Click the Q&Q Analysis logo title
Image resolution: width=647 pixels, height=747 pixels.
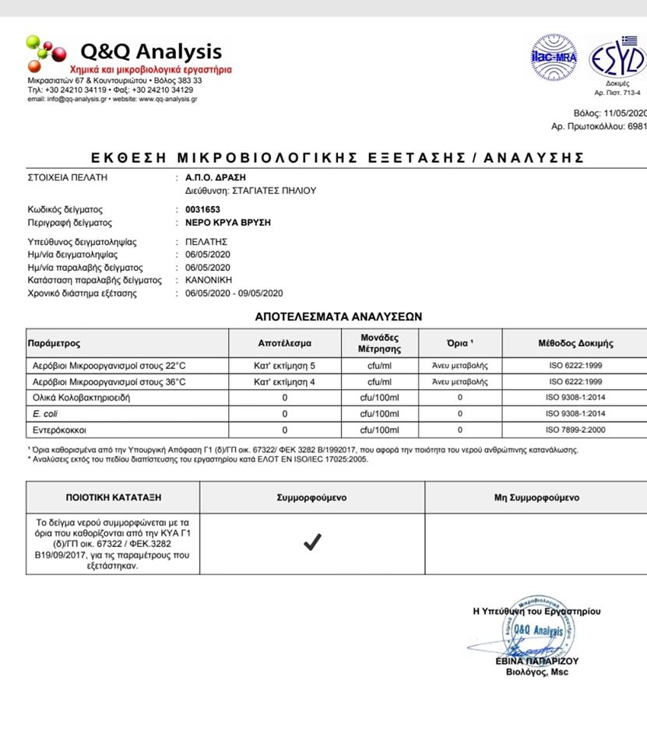[x=151, y=52]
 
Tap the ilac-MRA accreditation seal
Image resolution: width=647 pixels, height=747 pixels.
[x=554, y=58]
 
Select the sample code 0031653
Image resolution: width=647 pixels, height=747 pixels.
[x=202, y=210]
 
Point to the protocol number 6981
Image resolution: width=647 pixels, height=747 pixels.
[x=636, y=126]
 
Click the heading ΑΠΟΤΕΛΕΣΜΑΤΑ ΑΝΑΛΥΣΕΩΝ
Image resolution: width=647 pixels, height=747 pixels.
[x=338, y=317]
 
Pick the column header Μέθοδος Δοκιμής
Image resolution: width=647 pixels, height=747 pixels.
[x=575, y=343]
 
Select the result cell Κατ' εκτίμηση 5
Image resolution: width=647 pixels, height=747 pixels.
[x=284, y=365]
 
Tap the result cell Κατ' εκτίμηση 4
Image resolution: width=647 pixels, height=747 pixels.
[x=284, y=382]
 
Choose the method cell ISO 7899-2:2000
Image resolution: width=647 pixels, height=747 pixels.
[x=575, y=430]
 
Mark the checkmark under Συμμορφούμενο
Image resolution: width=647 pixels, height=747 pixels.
[x=311, y=543]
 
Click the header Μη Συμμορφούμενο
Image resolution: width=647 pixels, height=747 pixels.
[x=536, y=498]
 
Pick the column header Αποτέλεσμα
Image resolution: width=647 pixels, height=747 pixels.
[x=284, y=343]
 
